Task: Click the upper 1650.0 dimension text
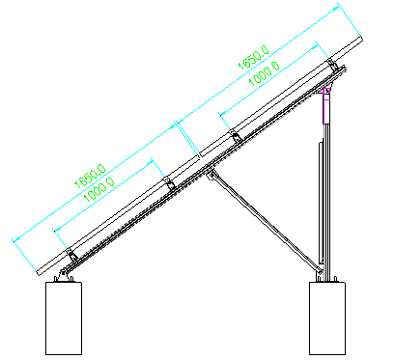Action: (x=253, y=57)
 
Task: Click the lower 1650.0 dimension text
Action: (x=90, y=176)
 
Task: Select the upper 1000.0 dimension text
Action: (x=265, y=73)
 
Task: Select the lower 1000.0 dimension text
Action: (x=98, y=189)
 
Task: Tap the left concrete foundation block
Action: (x=64, y=318)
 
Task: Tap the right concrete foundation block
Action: (x=327, y=318)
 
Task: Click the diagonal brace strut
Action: (x=265, y=221)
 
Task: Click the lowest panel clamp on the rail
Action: (x=71, y=255)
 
